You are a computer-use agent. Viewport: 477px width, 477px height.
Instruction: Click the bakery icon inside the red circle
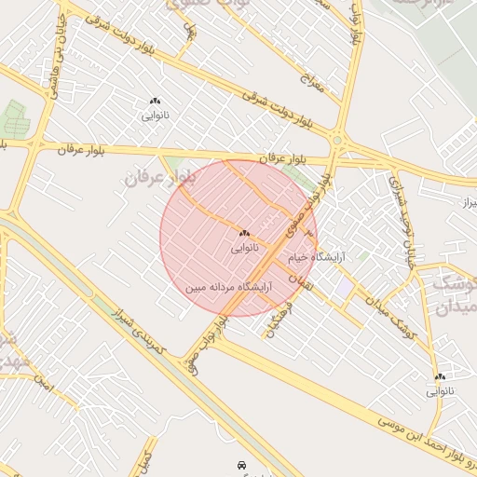tap(244, 233)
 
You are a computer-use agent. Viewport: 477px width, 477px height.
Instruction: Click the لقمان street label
tap(296, 275)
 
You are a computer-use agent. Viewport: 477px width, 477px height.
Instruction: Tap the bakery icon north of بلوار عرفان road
tap(155, 101)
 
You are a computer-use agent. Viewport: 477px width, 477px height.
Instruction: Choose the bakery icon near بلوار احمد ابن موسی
tap(439, 376)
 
